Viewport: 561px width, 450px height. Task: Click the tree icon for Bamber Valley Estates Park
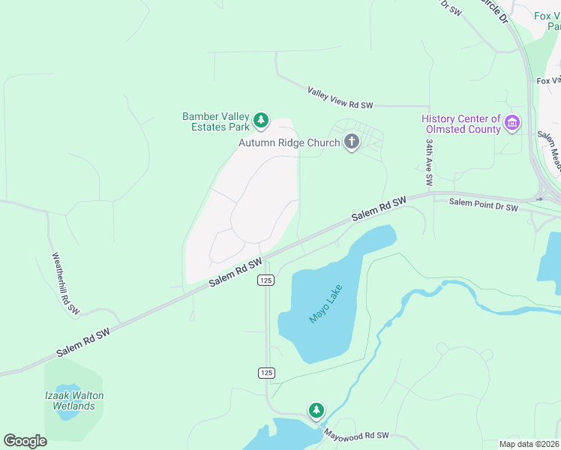point(261,120)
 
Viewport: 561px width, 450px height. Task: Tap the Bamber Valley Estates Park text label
point(216,121)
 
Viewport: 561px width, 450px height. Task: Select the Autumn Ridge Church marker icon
point(351,142)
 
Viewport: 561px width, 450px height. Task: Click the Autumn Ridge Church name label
point(289,142)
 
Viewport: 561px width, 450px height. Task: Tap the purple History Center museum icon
point(512,123)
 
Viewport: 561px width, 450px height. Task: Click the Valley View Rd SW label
point(340,97)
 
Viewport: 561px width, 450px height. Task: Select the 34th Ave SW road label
point(429,161)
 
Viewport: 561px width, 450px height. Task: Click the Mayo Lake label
point(326,304)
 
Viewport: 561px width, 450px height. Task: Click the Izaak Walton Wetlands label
point(73,400)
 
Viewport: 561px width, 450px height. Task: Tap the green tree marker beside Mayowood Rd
point(316,410)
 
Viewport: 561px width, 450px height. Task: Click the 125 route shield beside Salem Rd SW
point(265,280)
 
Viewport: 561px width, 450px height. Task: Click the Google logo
point(25,441)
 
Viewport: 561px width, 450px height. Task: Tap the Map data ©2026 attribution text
point(529,444)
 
